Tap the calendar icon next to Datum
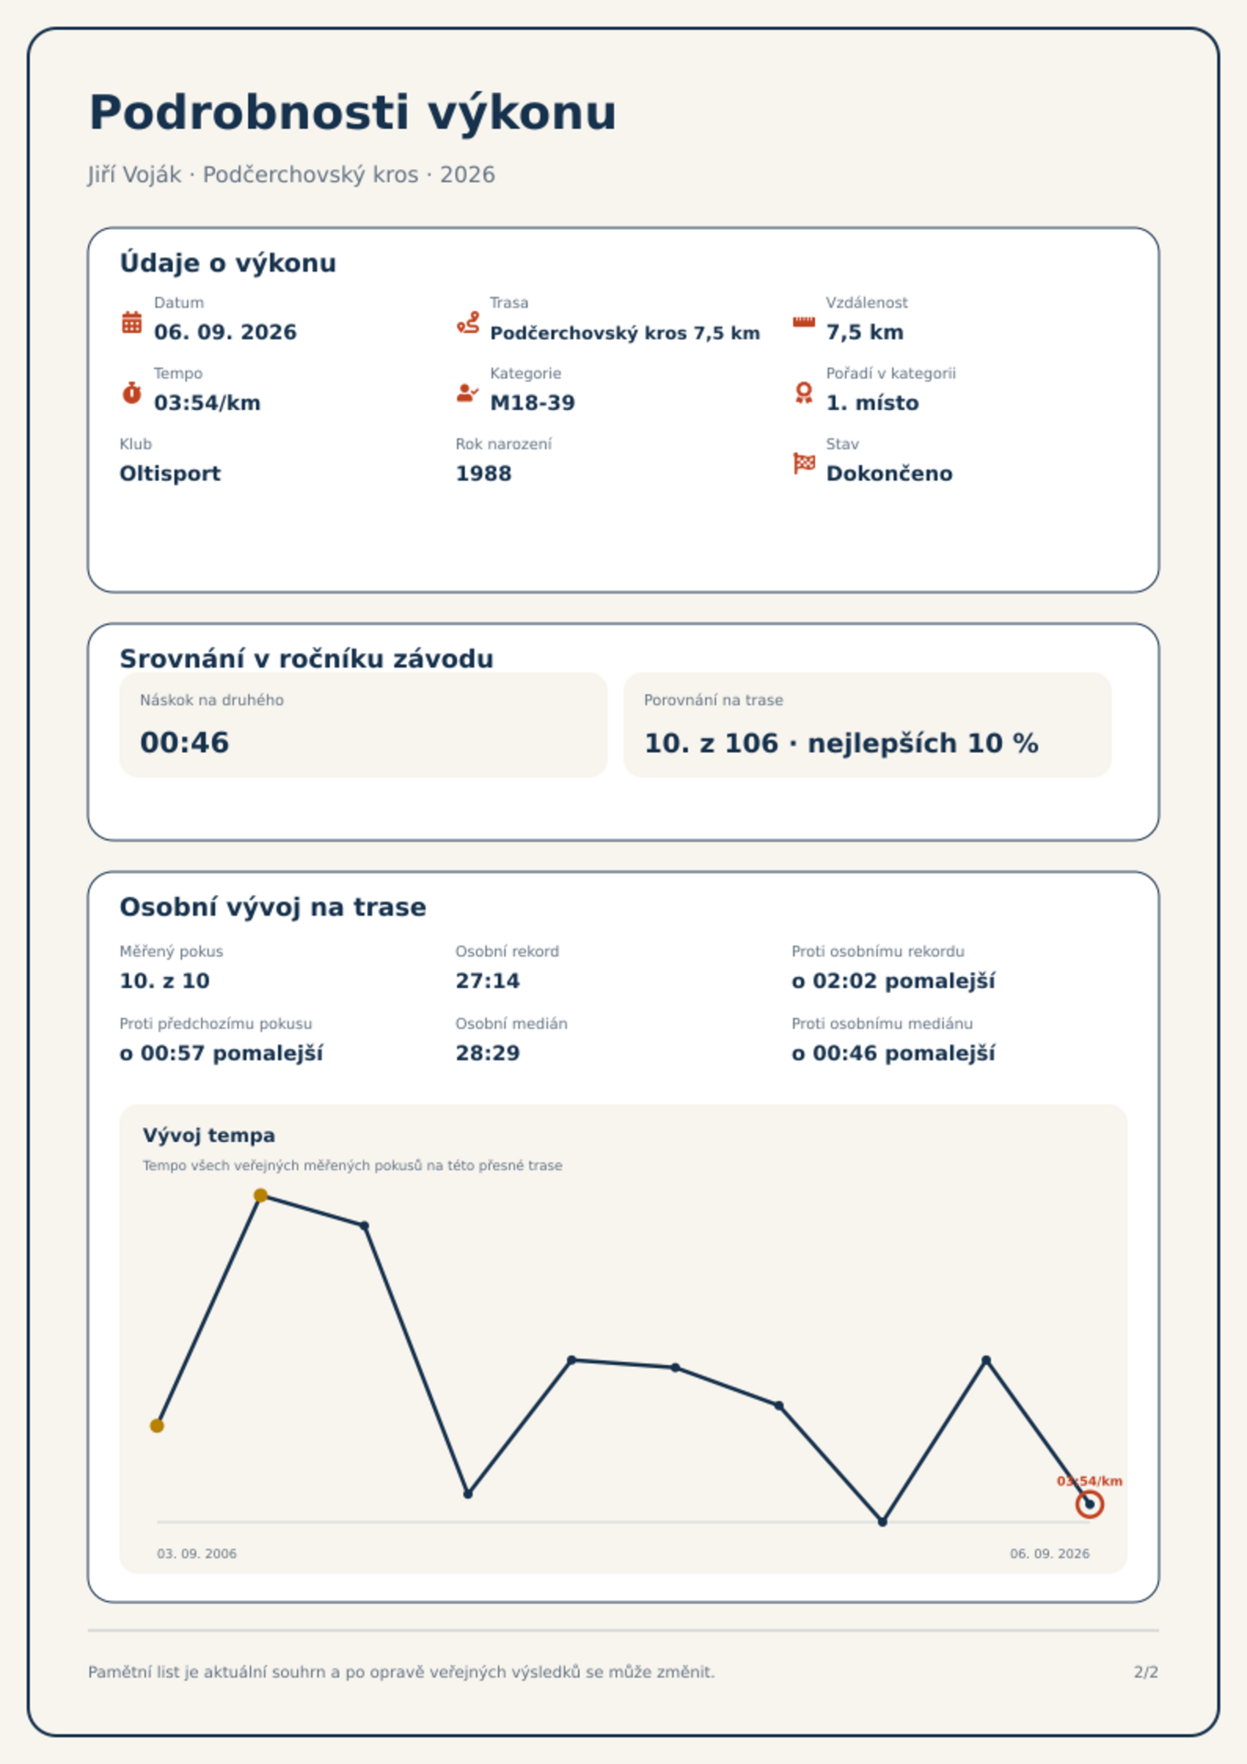pyautogui.click(x=132, y=322)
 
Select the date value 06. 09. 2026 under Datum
pyautogui.click(x=225, y=332)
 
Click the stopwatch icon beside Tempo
pyautogui.click(x=132, y=393)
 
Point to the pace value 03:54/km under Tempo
pyautogui.click(x=207, y=403)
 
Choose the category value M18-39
pyautogui.click(x=532, y=403)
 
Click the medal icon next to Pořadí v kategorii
pyautogui.click(x=803, y=393)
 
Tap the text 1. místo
pyautogui.click(x=872, y=403)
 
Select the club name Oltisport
pyautogui.click(x=170, y=474)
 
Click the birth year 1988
pyautogui.click(x=484, y=474)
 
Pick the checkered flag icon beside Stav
pyautogui.click(x=804, y=463)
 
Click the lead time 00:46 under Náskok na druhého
pyautogui.click(x=185, y=743)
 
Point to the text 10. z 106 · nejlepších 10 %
pyautogui.click(x=841, y=743)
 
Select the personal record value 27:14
pyautogui.click(x=488, y=981)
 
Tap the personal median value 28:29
pyautogui.click(x=488, y=1053)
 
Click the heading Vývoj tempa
pyautogui.click(x=209, y=1135)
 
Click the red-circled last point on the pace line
pyautogui.click(x=1089, y=1504)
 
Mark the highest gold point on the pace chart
pyautogui.click(x=261, y=1195)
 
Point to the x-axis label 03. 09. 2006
pyautogui.click(x=197, y=1554)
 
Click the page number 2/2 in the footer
pyautogui.click(x=1146, y=1672)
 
